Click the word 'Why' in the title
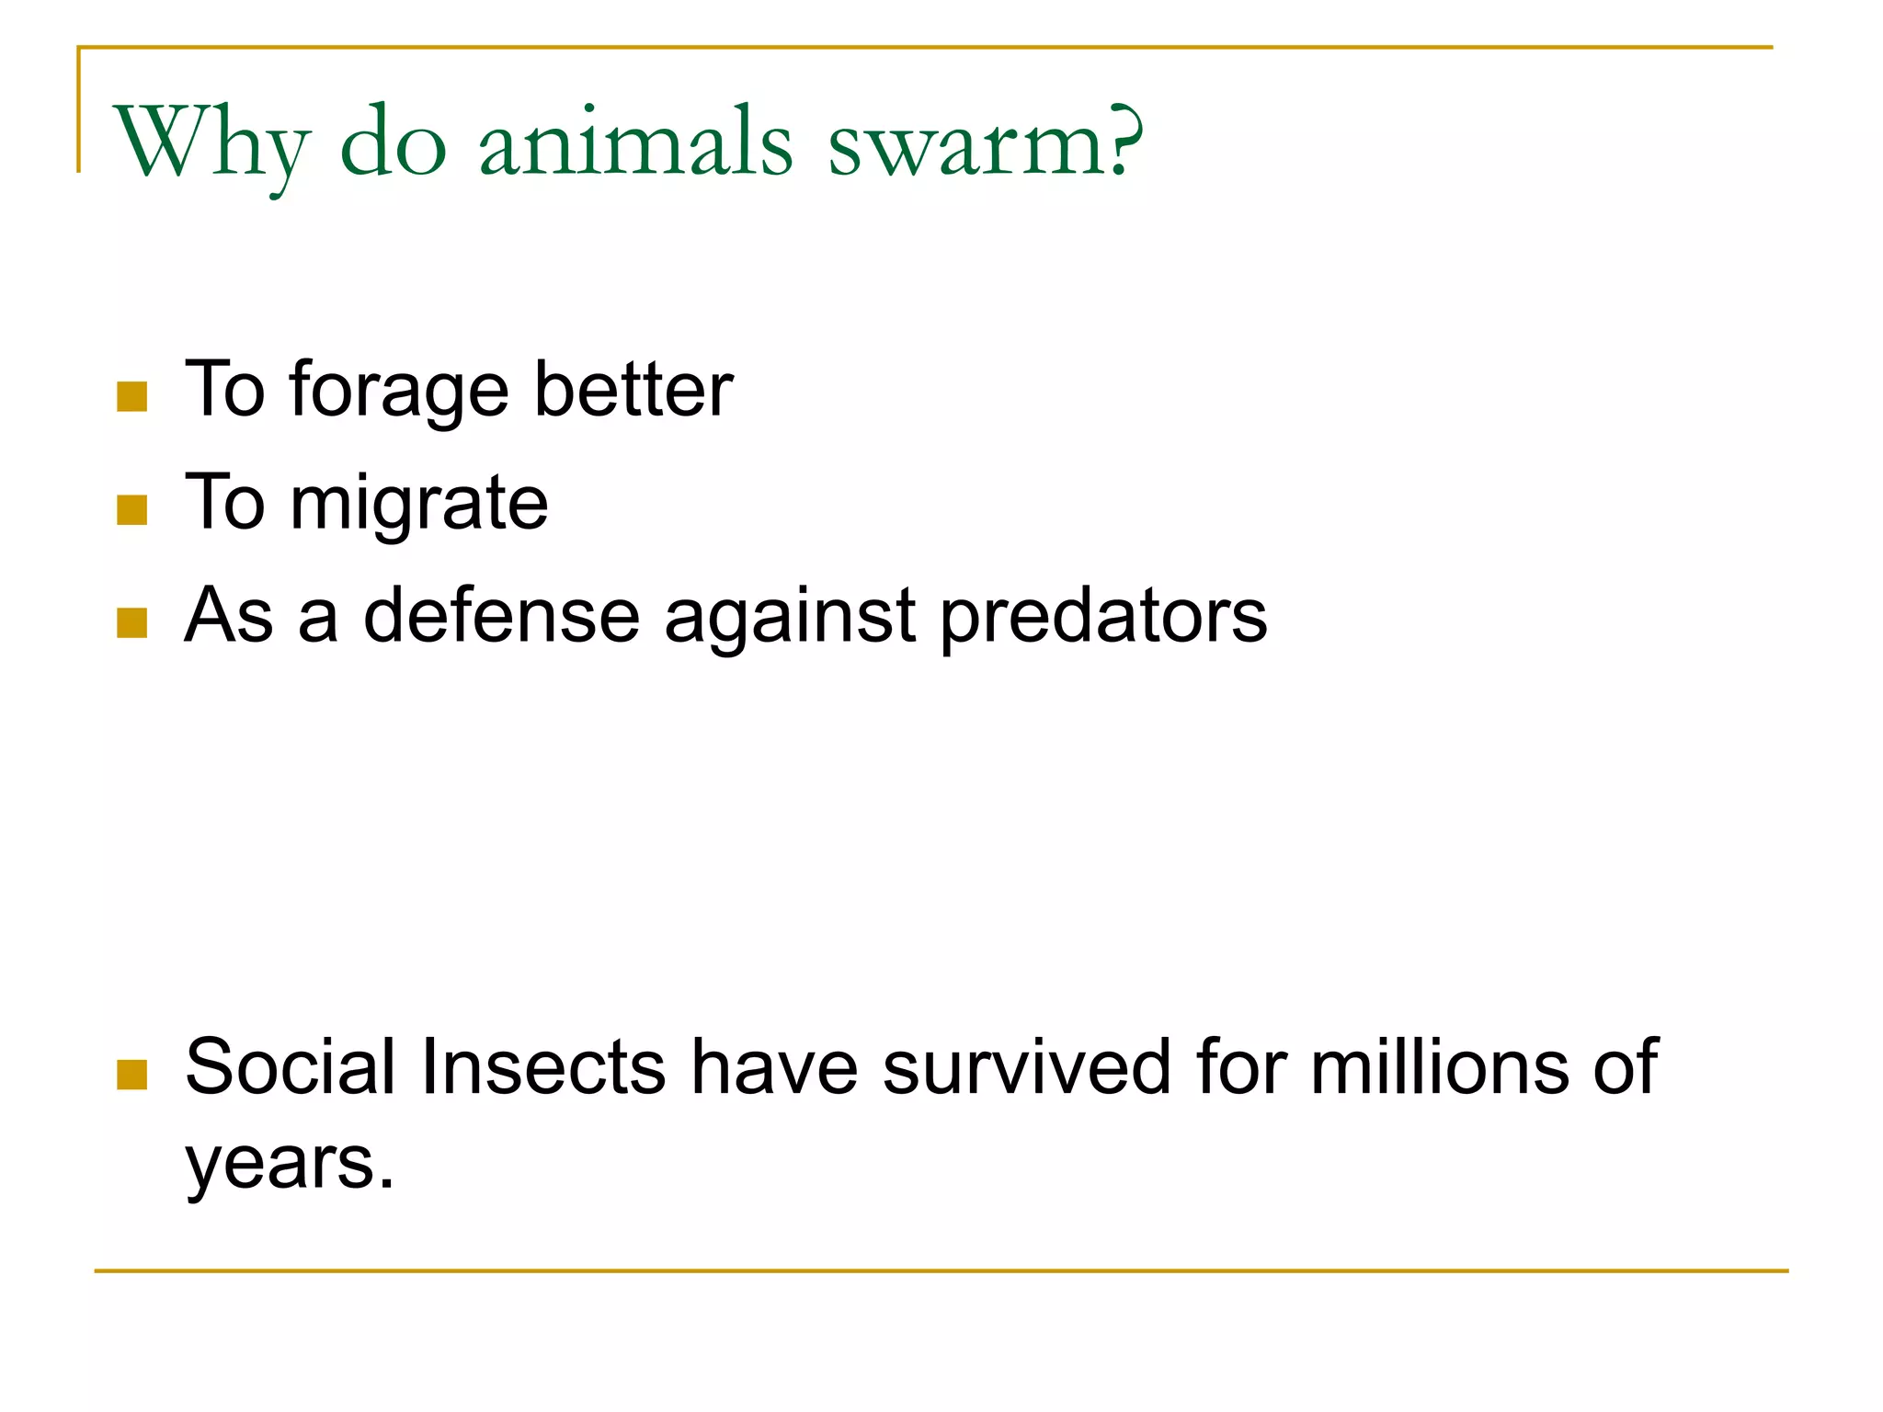[x=211, y=144]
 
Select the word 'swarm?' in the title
[x=986, y=144]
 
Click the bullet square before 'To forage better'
[x=132, y=397]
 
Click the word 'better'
[x=633, y=390]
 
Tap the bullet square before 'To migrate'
[x=132, y=510]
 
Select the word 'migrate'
[x=419, y=505]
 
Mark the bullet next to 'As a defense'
[x=132, y=623]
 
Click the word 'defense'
[x=502, y=615]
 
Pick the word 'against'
[x=790, y=617]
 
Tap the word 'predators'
[x=1103, y=617]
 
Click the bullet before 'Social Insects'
[x=132, y=1075]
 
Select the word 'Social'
[x=291, y=1067]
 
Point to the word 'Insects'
[x=542, y=1067]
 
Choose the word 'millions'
[x=1440, y=1067]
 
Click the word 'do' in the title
[x=394, y=144]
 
